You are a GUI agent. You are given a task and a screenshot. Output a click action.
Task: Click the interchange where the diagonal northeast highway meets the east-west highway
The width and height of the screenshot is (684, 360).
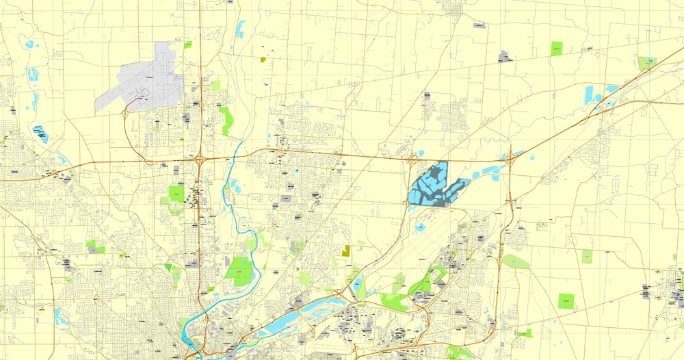511,158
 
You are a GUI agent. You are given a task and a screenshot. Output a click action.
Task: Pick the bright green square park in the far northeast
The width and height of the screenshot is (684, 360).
557,49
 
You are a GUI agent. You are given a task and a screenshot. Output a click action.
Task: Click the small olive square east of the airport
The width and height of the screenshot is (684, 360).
263,60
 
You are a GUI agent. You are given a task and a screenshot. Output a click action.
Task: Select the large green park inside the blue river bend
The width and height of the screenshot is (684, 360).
239,270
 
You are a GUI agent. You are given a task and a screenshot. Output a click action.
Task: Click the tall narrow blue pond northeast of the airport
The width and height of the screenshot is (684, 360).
241,29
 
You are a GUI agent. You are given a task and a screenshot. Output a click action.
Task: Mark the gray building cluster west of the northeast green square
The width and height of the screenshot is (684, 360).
505,56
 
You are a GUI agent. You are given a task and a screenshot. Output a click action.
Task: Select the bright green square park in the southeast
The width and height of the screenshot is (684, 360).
566,301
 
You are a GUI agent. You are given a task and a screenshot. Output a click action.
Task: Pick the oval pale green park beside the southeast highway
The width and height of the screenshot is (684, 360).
516,261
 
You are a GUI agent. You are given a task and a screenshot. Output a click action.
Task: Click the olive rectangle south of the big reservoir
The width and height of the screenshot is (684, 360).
346,250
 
